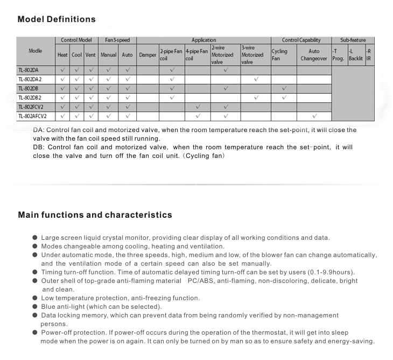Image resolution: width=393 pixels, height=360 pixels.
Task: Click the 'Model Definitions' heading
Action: pyautogui.click(x=57, y=19)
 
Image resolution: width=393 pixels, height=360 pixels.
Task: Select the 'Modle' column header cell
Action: pyautogui.click(x=36, y=51)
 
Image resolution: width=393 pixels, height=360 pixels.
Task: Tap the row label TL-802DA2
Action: pyautogui.click(x=30, y=79)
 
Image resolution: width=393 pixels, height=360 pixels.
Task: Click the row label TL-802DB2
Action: pyautogui.click(x=30, y=98)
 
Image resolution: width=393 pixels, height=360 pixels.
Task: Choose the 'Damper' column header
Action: pyautogui.click(x=148, y=55)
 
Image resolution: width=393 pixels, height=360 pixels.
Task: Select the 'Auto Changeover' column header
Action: pyautogui.click(x=313, y=55)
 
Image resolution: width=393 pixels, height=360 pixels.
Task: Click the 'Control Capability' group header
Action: pyautogui.click(x=301, y=40)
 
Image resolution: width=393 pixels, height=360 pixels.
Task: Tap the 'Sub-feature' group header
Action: pyautogui.click(x=353, y=40)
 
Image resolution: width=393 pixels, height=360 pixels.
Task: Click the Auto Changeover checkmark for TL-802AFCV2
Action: pyautogui.click(x=314, y=116)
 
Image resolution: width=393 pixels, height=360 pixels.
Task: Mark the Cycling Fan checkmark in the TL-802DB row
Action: pyautogui.click(x=283, y=88)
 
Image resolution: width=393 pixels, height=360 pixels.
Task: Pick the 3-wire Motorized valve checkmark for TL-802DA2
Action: pyautogui.click(x=256, y=79)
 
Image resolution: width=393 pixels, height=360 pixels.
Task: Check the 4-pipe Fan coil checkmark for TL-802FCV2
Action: pyautogui.click(x=198, y=107)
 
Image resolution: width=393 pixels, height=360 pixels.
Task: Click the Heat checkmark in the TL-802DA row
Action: pyautogui.click(x=63, y=70)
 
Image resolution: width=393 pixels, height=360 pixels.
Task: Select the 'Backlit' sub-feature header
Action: pyautogui.click(x=356, y=55)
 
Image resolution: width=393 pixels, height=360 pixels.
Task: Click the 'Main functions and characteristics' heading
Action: pyautogui.click(x=95, y=215)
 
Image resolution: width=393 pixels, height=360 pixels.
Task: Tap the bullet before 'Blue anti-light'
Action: pyautogui.click(x=35, y=306)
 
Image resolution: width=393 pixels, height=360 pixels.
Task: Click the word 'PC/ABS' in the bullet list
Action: pyautogui.click(x=200, y=281)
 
